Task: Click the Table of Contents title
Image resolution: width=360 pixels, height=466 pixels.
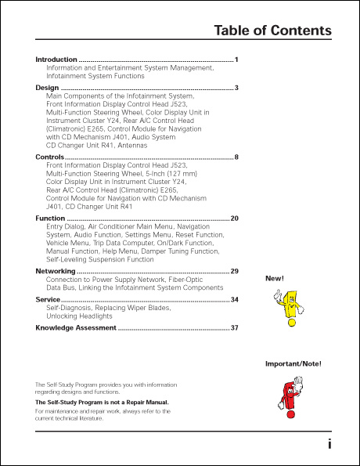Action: [x=272, y=31]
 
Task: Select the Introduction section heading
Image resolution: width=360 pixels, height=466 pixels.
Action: [x=56, y=60]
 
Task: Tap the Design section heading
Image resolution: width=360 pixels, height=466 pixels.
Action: [x=47, y=88]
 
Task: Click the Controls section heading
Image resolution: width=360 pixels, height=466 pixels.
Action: [x=49, y=157]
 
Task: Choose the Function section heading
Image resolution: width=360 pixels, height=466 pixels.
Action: [x=50, y=218]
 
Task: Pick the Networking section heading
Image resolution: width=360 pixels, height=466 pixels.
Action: [x=56, y=270]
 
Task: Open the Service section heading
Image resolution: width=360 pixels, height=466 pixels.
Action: [x=48, y=299]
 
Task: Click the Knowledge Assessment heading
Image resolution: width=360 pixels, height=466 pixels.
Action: [x=75, y=327]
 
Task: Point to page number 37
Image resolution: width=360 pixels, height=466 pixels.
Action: [x=234, y=327]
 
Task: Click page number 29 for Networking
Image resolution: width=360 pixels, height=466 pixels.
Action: [x=234, y=270]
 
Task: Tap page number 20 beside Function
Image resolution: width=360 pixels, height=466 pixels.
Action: [x=234, y=218]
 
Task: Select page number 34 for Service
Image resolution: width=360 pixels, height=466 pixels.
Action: [x=234, y=299]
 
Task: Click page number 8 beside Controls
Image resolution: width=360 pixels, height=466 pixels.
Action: [x=236, y=157]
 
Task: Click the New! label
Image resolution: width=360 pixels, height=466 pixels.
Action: [x=275, y=278]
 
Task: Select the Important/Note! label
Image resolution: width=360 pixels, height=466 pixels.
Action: [x=293, y=364]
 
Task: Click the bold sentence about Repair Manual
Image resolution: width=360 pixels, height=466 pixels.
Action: [x=102, y=402]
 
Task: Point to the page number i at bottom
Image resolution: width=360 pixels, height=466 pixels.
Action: [x=329, y=444]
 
